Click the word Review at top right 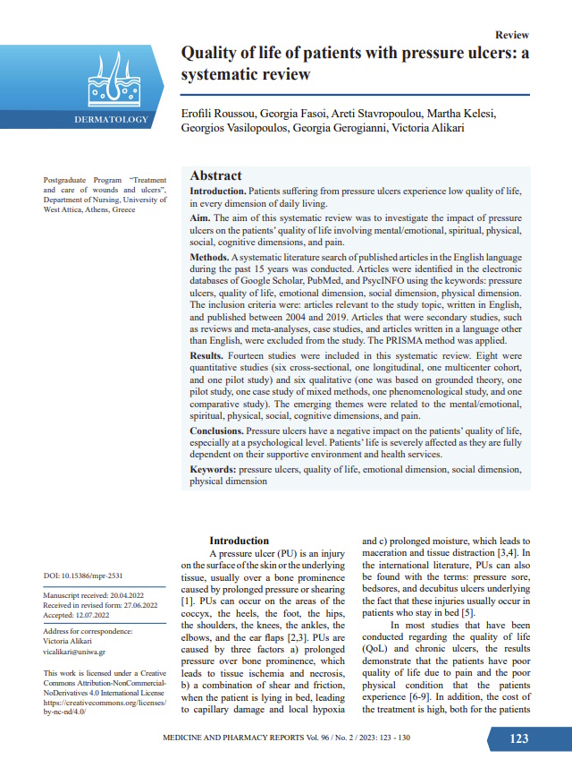(511, 34)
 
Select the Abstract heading (216, 176)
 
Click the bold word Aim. (201, 218)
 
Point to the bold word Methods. (210, 258)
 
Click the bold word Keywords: (213, 469)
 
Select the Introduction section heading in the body (239, 541)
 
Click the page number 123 (518, 738)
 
